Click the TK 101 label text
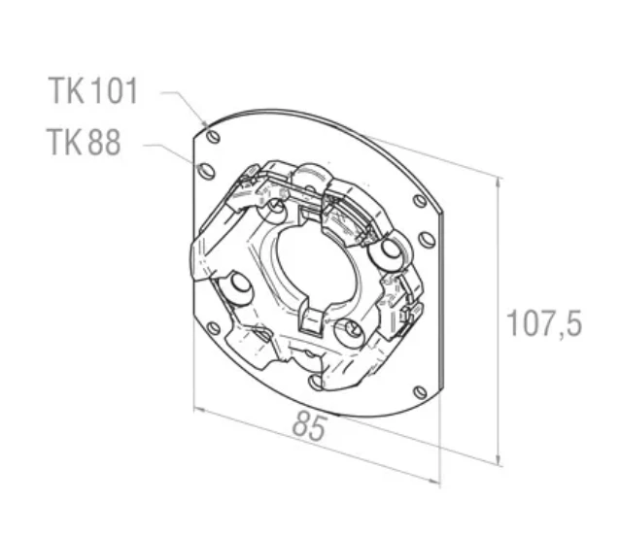[93, 91]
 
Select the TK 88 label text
[84, 142]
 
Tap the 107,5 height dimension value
[544, 322]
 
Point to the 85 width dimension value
[310, 425]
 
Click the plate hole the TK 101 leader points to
[213, 137]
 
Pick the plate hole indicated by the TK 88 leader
[206, 171]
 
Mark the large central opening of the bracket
[315, 268]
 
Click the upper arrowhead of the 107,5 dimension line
[499, 184]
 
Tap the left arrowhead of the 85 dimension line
[199, 410]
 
